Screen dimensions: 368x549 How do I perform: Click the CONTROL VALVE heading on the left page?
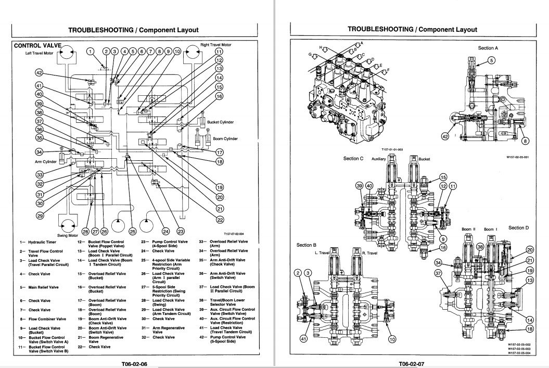[36, 46]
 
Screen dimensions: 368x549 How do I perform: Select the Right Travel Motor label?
[215, 45]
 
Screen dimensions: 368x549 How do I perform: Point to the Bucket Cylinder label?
[220, 122]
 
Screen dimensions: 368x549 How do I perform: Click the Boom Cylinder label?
[225, 139]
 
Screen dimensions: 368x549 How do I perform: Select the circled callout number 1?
[91, 52]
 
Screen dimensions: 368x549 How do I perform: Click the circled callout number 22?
[220, 220]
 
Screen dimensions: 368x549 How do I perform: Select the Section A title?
[488, 48]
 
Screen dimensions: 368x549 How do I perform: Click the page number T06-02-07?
[412, 363]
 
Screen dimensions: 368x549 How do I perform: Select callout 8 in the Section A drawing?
[525, 140]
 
